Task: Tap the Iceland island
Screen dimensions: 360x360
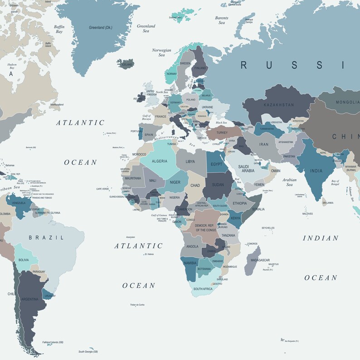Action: click(x=126, y=64)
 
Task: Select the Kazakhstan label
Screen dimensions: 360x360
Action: click(x=278, y=104)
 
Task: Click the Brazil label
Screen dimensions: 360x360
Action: click(x=44, y=237)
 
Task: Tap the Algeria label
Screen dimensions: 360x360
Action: click(x=159, y=161)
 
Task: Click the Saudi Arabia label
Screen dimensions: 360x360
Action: click(x=248, y=168)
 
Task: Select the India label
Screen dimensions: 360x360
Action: click(x=316, y=171)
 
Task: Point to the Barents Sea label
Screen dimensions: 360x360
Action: click(x=222, y=20)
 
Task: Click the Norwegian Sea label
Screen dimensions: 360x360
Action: click(x=161, y=53)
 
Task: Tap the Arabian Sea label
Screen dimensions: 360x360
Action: click(x=289, y=182)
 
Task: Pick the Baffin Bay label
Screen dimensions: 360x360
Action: click(x=59, y=29)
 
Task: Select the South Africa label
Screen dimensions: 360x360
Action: click(x=203, y=289)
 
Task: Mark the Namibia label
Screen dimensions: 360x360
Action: click(x=190, y=263)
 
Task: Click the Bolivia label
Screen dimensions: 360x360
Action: click(x=24, y=260)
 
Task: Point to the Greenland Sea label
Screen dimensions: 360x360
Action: click(x=146, y=29)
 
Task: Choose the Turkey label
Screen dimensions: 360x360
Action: click(x=222, y=132)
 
